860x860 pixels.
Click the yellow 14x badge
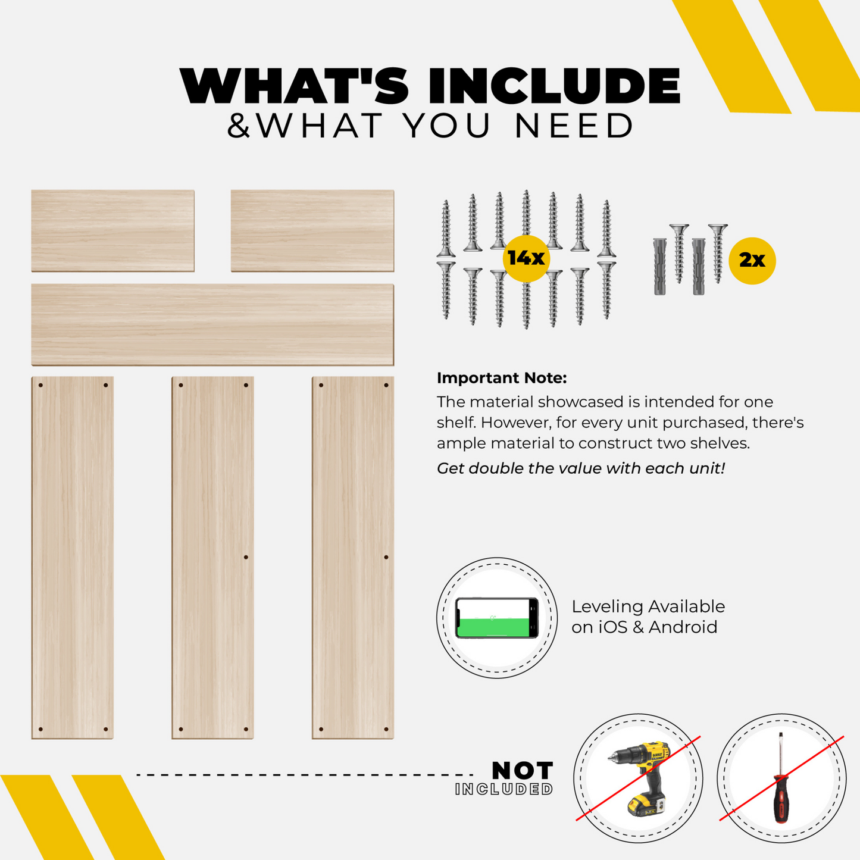tap(526, 258)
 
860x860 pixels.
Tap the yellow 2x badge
tap(752, 261)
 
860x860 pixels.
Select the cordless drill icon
tap(638, 779)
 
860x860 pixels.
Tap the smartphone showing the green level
tap(497, 618)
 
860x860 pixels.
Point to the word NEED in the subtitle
tap(574, 126)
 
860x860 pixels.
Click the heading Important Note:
tap(502, 378)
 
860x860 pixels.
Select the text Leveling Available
tap(648, 606)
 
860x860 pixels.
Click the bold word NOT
tap(522, 770)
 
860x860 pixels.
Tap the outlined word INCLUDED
tap(504, 789)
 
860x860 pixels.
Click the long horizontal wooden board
tap(212, 324)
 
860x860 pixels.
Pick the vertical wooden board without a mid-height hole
tap(72, 558)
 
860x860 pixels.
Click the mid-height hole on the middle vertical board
tap(246, 557)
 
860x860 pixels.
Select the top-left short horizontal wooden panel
tap(113, 231)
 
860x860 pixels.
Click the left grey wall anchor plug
tap(659, 267)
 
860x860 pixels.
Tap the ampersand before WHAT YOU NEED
tap(239, 126)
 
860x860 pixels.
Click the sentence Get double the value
tap(581, 468)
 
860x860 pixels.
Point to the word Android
tap(683, 627)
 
